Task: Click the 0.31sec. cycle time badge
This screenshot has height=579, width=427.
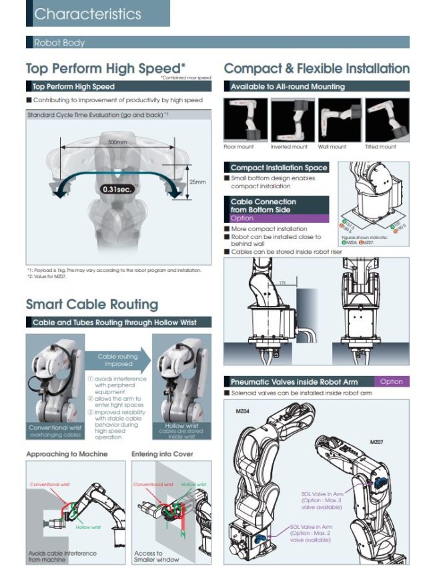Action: (118, 188)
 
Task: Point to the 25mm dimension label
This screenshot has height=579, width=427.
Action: (198, 181)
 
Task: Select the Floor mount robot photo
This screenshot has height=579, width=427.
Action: (244, 120)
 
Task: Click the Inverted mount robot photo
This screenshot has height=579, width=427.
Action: (290, 120)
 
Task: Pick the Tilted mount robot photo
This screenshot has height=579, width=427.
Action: (386, 120)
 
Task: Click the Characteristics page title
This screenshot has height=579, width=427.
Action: (87, 13)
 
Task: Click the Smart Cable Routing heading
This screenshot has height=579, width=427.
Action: (92, 305)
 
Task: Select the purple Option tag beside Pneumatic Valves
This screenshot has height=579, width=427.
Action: (391, 381)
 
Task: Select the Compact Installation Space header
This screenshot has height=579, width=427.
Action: (278, 168)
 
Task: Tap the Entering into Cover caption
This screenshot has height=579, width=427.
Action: (162, 453)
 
